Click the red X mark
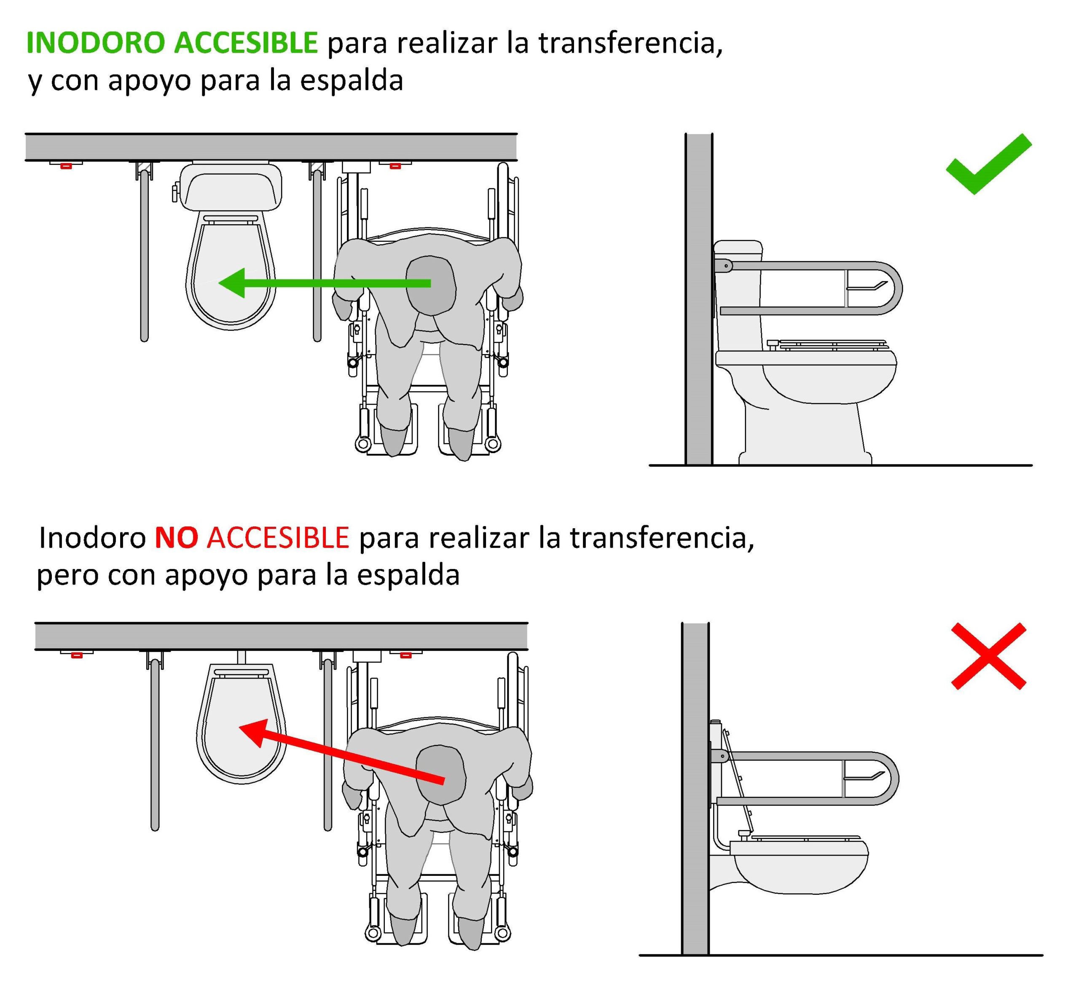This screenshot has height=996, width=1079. click(988, 656)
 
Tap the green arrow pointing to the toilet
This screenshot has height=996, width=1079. click(323, 283)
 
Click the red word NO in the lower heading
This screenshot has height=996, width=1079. click(176, 538)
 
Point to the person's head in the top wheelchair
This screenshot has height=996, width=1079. click(431, 286)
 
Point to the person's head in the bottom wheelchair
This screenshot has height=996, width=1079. click(441, 775)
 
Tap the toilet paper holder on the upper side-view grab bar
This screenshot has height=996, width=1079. click(867, 286)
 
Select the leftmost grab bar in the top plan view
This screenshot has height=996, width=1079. click(144, 253)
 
